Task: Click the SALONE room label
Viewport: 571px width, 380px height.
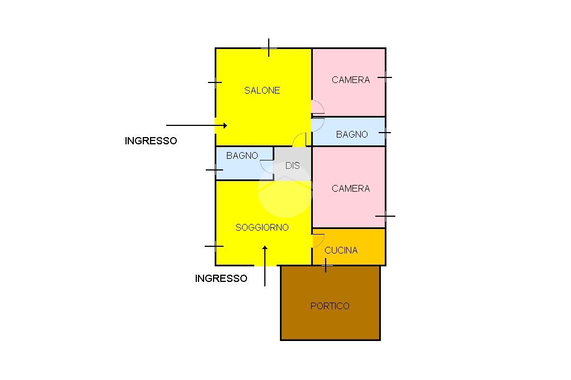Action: (x=262, y=90)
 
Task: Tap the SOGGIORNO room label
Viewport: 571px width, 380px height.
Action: (x=262, y=227)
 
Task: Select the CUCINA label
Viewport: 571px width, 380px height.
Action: (x=341, y=250)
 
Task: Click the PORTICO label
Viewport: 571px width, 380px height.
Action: (x=330, y=306)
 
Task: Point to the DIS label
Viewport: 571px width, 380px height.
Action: (x=292, y=165)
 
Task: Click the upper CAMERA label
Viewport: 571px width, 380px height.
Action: (x=351, y=80)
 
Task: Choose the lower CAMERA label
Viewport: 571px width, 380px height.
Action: (x=351, y=188)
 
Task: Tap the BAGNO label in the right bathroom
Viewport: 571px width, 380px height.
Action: (x=352, y=134)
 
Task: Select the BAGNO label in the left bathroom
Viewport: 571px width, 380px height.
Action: (x=242, y=155)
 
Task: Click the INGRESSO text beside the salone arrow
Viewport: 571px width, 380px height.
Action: (x=151, y=141)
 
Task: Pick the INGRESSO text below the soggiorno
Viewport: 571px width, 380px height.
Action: (x=221, y=279)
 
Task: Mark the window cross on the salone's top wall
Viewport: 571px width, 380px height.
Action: (x=269, y=48)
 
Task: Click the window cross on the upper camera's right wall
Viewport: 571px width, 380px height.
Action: (x=385, y=77)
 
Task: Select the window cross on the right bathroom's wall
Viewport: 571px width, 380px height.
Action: (x=385, y=133)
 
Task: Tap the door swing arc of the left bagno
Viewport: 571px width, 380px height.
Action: (x=267, y=166)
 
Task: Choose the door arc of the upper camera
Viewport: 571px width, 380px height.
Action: (x=318, y=106)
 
